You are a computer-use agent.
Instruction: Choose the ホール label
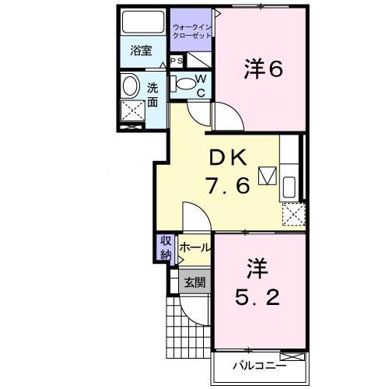click(x=195, y=248)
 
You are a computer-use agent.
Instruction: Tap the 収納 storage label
click(x=166, y=248)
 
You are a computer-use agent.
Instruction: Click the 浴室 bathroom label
click(x=141, y=51)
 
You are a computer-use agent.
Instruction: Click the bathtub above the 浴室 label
click(x=141, y=23)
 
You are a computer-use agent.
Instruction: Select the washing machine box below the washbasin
click(x=133, y=111)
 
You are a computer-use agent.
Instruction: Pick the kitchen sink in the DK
click(x=289, y=187)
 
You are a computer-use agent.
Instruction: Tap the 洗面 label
click(x=153, y=93)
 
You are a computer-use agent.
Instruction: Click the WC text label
click(x=199, y=86)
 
